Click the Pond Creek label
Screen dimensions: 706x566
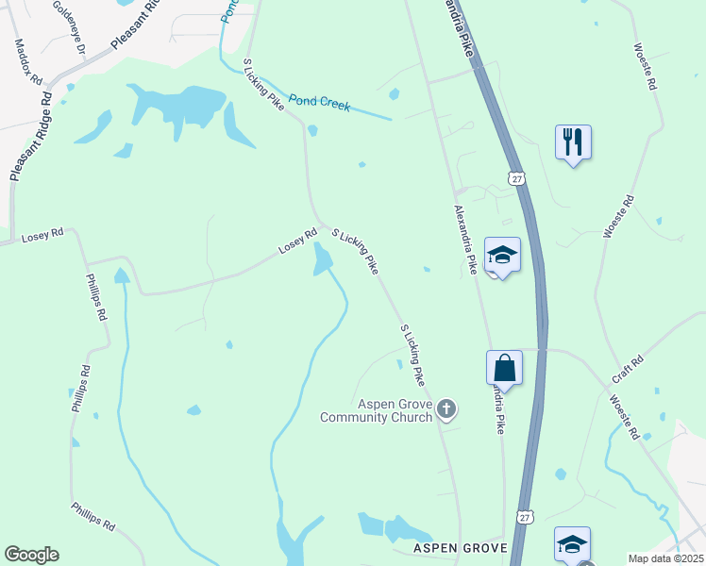pyautogui.click(x=320, y=103)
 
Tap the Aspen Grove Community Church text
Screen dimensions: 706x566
pyautogui.click(x=376, y=410)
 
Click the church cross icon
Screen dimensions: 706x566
pyautogui.click(x=447, y=409)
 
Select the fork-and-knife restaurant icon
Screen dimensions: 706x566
pyautogui.click(x=573, y=142)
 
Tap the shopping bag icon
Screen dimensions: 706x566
pyautogui.click(x=504, y=369)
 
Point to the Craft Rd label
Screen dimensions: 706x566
pyautogui.click(x=627, y=368)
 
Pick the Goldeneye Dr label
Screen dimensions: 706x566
pyautogui.click(x=70, y=25)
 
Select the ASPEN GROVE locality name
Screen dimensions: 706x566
pyautogui.click(x=460, y=548)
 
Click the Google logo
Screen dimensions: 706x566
pyautogui.click(x=31, y=555)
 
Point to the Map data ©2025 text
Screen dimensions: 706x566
pyautogui.click(x=665, y=558)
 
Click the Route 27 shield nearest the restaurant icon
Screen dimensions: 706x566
pyautogui.click(x=514, y=177)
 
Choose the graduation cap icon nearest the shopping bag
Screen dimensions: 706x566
pyautogui.click(x=502, y=255)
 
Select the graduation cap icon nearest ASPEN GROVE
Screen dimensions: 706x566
pyautogui.click(x=572, y=544)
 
